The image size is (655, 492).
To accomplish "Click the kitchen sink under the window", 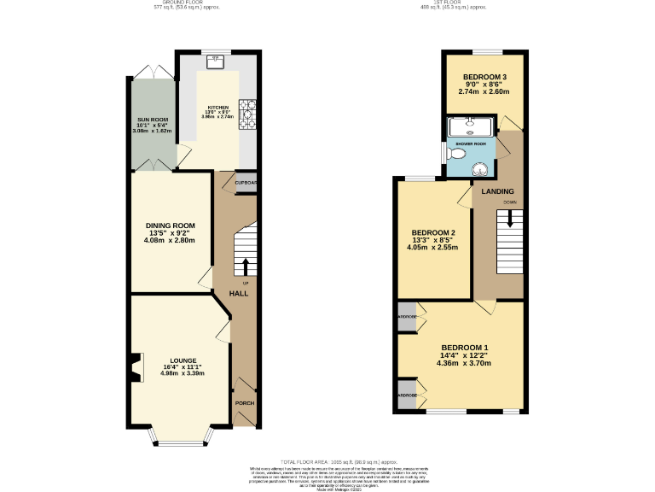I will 216,60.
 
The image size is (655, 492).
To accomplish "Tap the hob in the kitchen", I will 247,115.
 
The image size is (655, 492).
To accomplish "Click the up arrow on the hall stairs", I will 246,265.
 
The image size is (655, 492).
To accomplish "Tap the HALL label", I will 238,293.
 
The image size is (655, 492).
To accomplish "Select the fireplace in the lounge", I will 134,371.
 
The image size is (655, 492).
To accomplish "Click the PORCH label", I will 244,402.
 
